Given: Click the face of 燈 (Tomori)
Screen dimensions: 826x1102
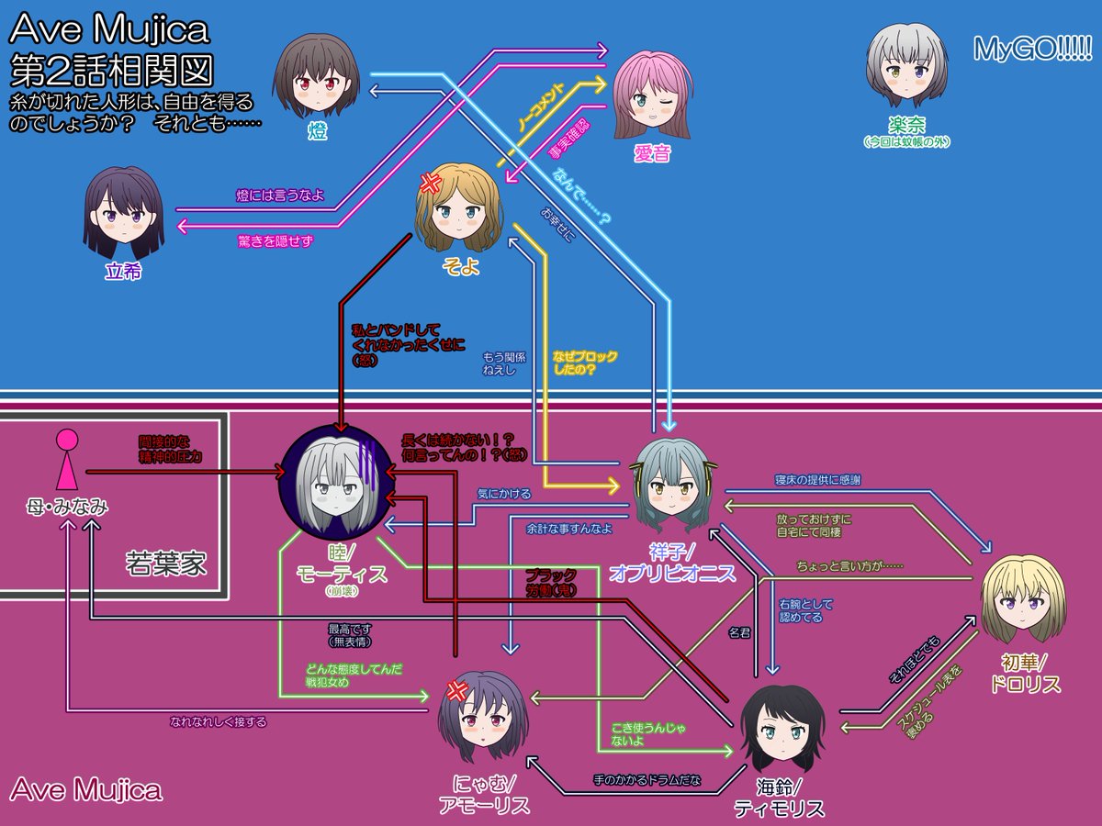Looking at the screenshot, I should (318, 79).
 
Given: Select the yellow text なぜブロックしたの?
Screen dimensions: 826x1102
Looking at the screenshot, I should (586, 363).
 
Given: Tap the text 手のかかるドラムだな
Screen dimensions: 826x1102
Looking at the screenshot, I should (647, 781).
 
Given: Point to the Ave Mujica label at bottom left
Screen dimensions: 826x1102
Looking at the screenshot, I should (86, 789).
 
